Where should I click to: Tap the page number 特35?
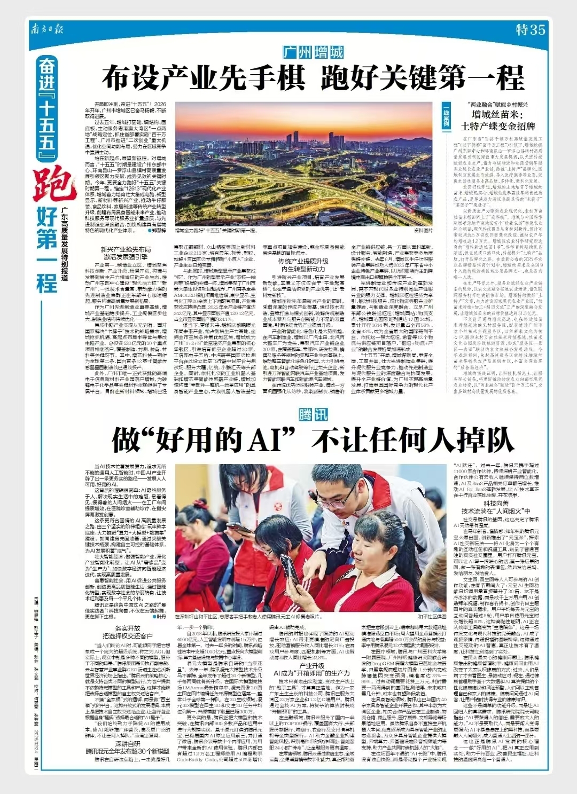coord(530,29)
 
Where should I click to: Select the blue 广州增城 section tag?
coord(313,52)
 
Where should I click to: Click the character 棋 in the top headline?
coord(284,78)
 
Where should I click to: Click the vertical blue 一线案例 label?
coord(446,116)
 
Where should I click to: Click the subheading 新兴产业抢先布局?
coord(126,249)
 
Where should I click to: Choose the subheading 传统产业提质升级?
coord(303,261)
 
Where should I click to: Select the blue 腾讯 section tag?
coord(313,415)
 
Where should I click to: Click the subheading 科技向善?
coord(495,503)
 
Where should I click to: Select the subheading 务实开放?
coord(128,628)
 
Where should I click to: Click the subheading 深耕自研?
coord(128,744)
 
